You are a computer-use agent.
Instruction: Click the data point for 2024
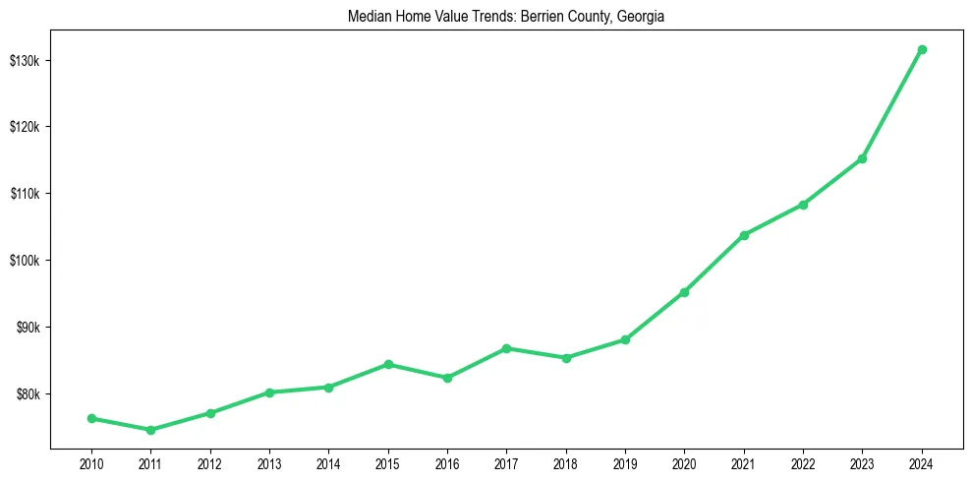pyautogui.click(x=922, y=49)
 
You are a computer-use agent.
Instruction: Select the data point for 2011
pyautogui.click(x=150, y=430)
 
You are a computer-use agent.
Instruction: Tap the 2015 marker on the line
pyautogui.click(x=388, y=364)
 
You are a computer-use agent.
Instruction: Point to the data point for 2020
pyautogui.click(x=684, y=292)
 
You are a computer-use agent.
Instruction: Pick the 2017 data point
pyautogui.click(x=506, y=348)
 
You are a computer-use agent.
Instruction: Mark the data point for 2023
pyautogui.click(x=862, y=158)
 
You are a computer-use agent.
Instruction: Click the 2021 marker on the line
pyautogui.click(x=744, y=235)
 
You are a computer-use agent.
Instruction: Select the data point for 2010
pyautogui.click(x=91, y=418)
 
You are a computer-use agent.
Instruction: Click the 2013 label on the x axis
pyautogui.click(x=269, y=463)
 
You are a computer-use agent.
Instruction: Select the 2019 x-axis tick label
pyautogui.click(x=625, y=463)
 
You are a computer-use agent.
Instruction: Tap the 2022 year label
pyautogui.click(x=803, y=463)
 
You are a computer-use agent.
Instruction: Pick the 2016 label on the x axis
pyautogui.click(x=447, y=463)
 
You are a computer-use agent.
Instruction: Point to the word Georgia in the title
pyautogui.click(x=642, y=17)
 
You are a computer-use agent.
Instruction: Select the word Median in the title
pyautogui.click(x=369, y=17)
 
